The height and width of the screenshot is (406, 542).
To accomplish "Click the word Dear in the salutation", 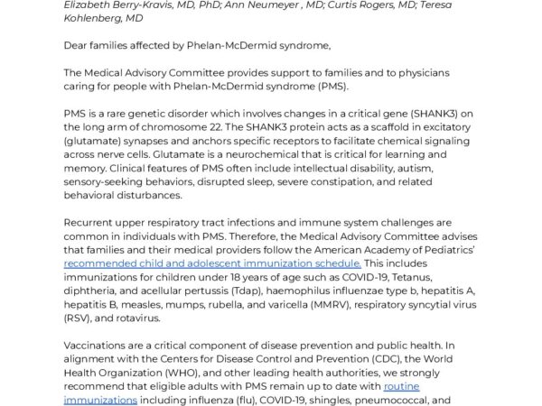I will click(x=78, y=44).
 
